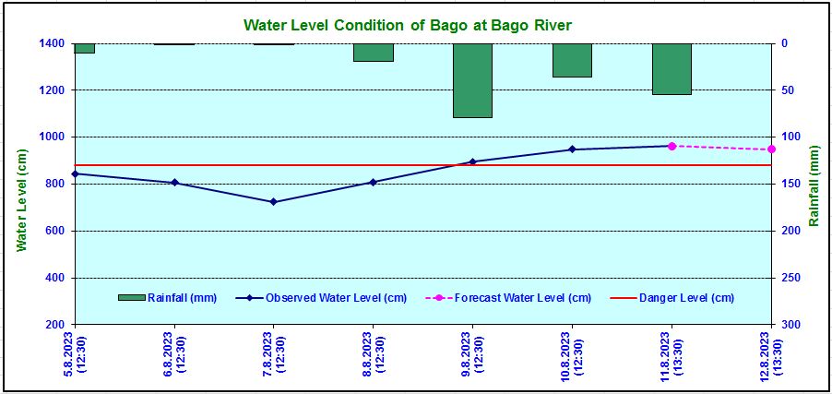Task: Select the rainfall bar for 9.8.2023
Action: pyautogui.click(x=472, y=80)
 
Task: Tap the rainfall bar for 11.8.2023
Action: pyautogui.click(x=672, y=69)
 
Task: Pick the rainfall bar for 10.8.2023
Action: pyautogui.click(x=572, y=60)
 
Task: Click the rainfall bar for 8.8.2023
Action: pyautogui.click(x=373, y=53)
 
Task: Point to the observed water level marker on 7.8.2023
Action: pyautogui.click(x=273, y=201)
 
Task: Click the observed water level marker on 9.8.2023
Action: pyautogui.click(x=472, y=161)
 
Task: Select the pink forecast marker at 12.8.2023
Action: pyautogui.click(x=771, y=149)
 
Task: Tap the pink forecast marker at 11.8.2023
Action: pyautogui.click(x=672, y=146)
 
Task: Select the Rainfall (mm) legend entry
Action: pyautogui.click(x=168, y=297)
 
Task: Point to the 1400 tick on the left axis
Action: pyautogui.click(x=52, y=43)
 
